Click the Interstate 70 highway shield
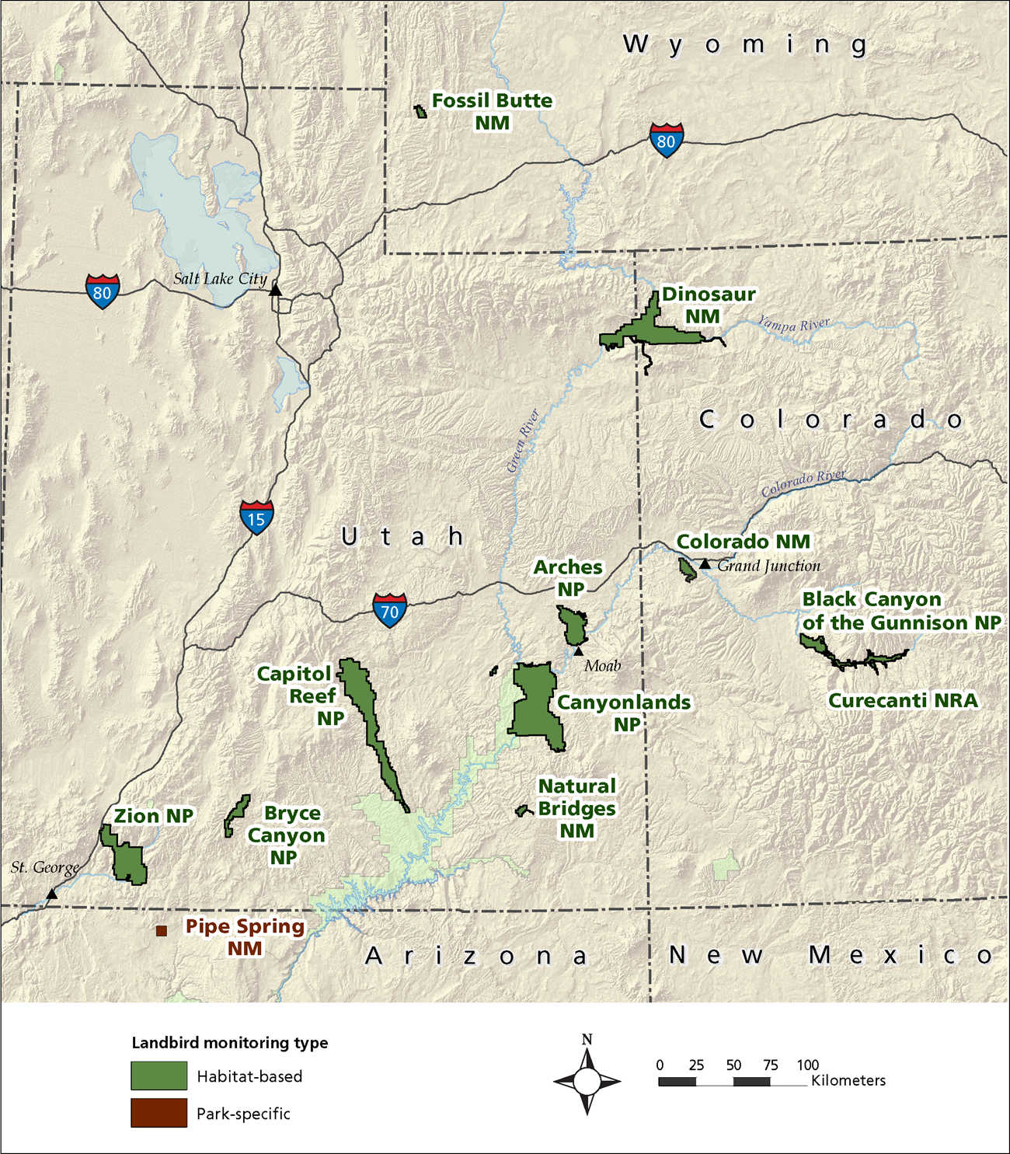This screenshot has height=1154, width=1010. click(x=389, y=610)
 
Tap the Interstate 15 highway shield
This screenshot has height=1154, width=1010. click(x=256, y=518)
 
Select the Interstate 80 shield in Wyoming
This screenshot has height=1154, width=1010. click(x=666, y=141)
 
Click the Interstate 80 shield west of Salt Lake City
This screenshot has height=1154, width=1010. click(x=103, y=292)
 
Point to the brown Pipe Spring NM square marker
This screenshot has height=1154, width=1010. click(x=162, y=930)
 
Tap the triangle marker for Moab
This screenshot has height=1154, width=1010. click(x=578, y=651)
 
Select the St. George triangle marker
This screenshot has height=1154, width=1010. click(x=51, y=894)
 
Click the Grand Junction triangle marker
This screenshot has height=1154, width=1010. click(x=705, y=563)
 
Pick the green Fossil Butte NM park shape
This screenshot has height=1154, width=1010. click(x=421, y=112)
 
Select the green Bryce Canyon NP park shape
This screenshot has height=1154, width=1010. click(x=236, y=814)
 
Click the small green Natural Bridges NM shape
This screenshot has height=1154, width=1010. click(x=523, y=811)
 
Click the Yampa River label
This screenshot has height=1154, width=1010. click(x=793, y=324)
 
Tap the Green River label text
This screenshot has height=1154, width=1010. click(x=523, y=441)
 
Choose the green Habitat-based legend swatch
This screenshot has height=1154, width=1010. click(x=158, y=1076)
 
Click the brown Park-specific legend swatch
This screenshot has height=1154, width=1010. click(x=158, y=1113)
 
